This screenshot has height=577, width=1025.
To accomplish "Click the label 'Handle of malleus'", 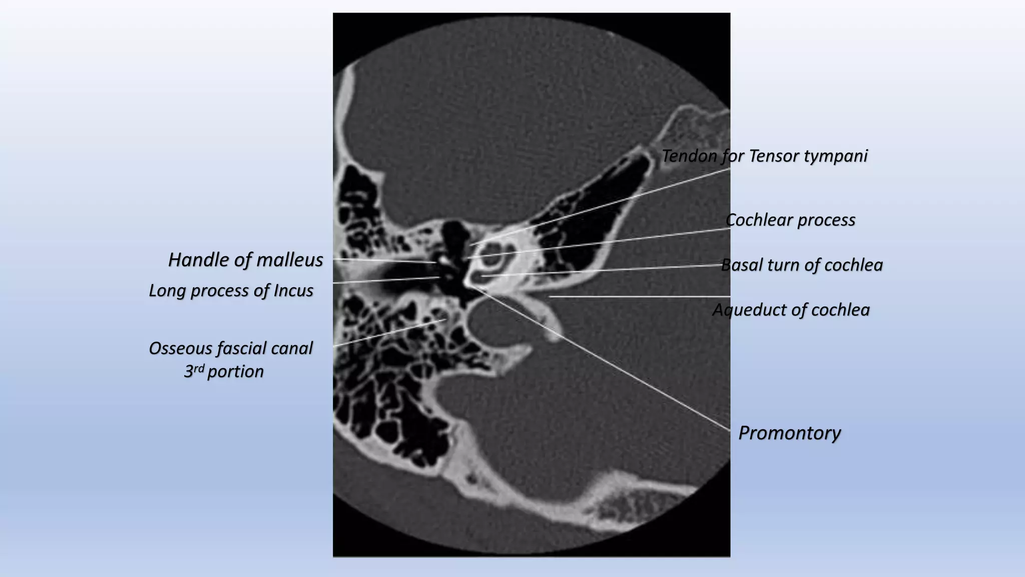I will [245, 260].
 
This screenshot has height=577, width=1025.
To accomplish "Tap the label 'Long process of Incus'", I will [231, 291].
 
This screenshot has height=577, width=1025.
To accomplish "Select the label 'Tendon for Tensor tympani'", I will [764, 156].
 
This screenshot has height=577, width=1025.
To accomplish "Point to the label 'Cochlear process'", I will [790, 220].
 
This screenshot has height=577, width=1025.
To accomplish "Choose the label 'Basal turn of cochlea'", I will [801, 265].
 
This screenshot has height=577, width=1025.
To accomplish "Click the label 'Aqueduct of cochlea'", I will [791, 310].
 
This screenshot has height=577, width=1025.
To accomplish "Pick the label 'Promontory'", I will [789, 433].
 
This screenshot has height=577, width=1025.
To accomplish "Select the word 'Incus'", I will [293, 291].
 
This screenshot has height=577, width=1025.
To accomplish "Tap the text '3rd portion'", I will [224, 372].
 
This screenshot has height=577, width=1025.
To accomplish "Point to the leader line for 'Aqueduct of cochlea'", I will [641, 297].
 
